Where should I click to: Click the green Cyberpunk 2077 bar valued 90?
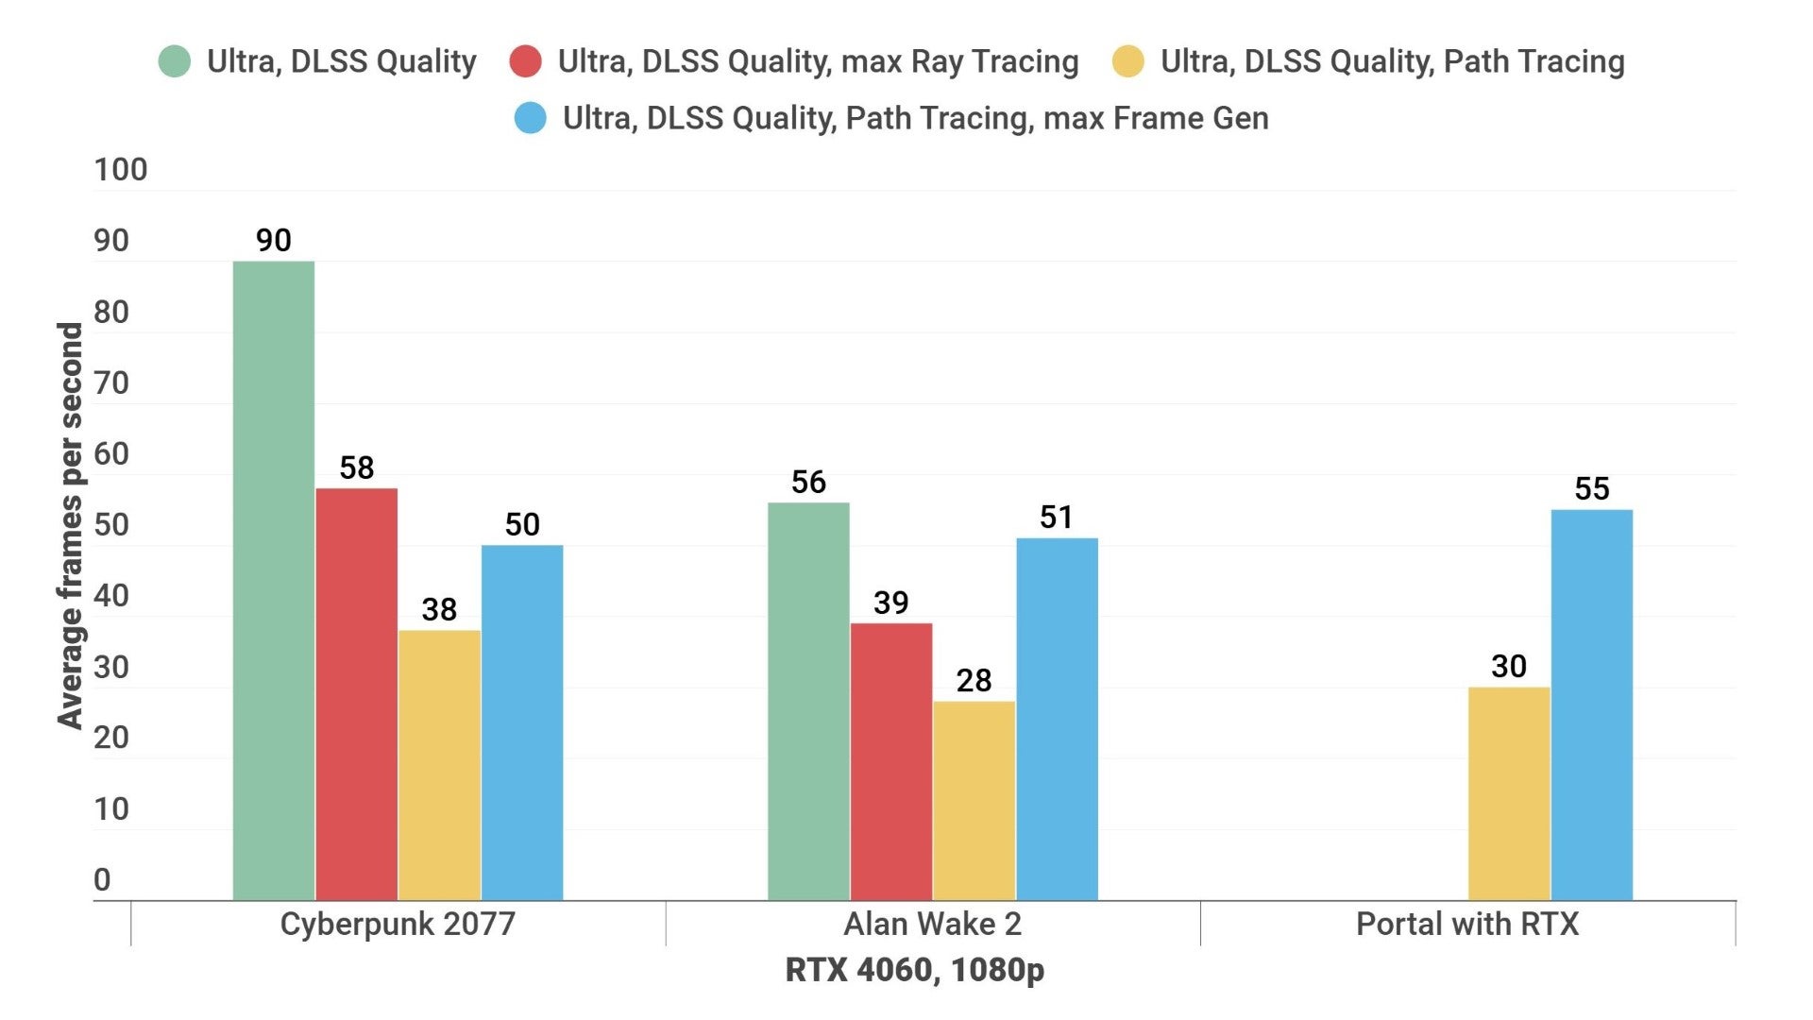click(273, 580)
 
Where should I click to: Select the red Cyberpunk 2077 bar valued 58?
click(356, 694)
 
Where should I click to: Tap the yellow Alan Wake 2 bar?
click(974, 800)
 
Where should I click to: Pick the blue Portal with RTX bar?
click(1591, 705)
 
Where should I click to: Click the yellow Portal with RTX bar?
click(1508, 793)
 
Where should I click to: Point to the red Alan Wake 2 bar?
click(890, 761)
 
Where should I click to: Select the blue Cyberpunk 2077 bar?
click(521, 722)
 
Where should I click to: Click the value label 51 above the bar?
click(1056, 518)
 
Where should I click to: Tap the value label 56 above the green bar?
click(808, 483)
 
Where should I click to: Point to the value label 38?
click(439, 610)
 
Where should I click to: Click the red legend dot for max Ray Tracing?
click(525, 61)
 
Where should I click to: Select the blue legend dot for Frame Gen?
click(530, 118)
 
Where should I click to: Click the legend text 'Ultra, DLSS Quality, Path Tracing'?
click(1392, 61)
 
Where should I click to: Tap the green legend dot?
click(175, 61)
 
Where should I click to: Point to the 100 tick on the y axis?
click(120, 170)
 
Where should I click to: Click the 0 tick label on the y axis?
click(102, 880)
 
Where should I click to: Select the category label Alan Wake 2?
click(932, 924)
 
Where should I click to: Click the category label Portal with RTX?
click(1466, 924)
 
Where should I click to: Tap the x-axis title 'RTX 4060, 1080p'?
click(914, 970)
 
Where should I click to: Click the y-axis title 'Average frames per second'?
click(70, 525)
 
